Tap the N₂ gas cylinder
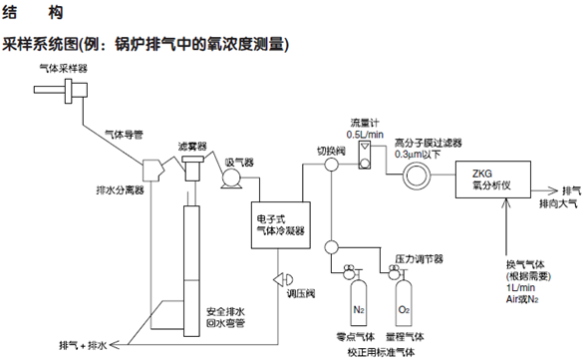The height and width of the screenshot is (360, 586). click(359, 302)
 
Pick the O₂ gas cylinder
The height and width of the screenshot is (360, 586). click(404, 302)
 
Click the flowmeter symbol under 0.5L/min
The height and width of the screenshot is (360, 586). click(365, 155)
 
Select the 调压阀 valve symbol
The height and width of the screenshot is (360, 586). click(283, 279)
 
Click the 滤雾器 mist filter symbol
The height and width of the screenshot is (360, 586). click(192, 168)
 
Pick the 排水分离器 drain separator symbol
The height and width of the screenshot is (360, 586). click(152, 171)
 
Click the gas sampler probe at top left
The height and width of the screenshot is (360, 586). click(61, 90)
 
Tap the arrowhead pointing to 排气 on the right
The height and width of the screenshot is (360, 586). click(552, 190)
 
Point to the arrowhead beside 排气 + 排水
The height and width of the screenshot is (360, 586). click(114, 344)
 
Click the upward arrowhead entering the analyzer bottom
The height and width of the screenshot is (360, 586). click(506, 203)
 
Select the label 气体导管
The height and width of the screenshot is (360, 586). click(124, 135)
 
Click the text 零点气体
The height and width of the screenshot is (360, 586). click(356, 337)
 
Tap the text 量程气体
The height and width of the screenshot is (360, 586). click(405, 337)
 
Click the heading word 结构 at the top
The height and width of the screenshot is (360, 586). click(33, 13)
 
